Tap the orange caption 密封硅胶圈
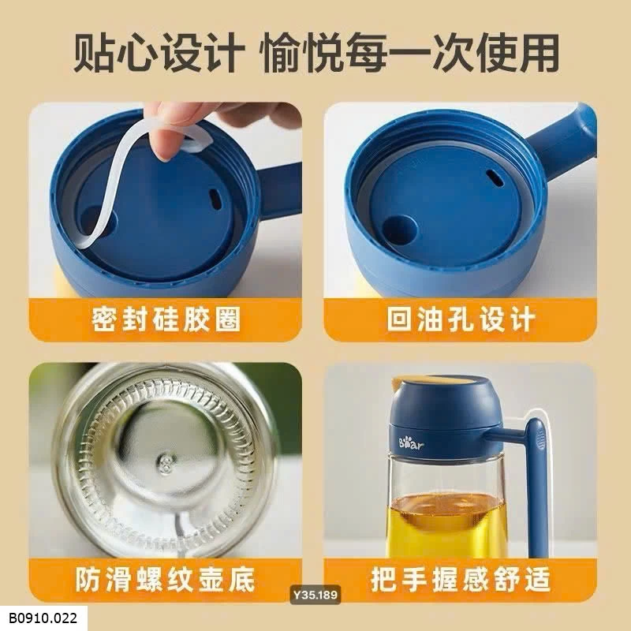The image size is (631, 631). coord(165,319)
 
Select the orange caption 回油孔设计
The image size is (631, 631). coord(461,319)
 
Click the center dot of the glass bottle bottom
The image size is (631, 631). coord(166,458)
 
